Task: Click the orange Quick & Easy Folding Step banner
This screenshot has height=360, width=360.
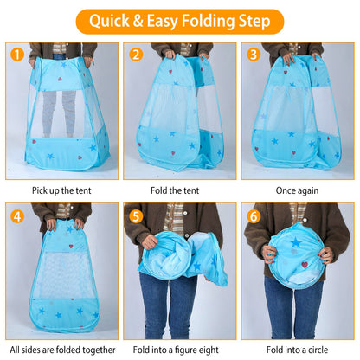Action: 180,22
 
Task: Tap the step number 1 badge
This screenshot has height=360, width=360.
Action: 17,55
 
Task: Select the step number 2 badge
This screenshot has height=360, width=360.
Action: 136,55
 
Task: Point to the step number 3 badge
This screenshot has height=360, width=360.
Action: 254,55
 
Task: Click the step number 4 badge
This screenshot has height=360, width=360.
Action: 17,216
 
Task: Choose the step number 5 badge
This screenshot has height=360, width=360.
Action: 136,216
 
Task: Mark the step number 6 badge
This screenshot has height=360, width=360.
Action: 254,216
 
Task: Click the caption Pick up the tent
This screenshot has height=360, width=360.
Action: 61,190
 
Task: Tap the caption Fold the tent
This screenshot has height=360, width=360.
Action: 175,190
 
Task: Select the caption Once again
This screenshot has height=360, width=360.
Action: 297,190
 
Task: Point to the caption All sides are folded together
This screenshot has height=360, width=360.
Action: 62,350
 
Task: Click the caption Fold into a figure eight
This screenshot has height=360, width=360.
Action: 176,350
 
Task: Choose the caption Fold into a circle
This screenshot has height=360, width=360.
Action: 297,350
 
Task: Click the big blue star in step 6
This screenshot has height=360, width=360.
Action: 296,242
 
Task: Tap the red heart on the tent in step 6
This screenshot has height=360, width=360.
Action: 305,265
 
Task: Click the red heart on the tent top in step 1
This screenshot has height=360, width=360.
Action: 60,79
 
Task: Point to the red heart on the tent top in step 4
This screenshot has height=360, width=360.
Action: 71,247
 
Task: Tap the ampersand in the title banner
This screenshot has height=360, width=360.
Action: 138,21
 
